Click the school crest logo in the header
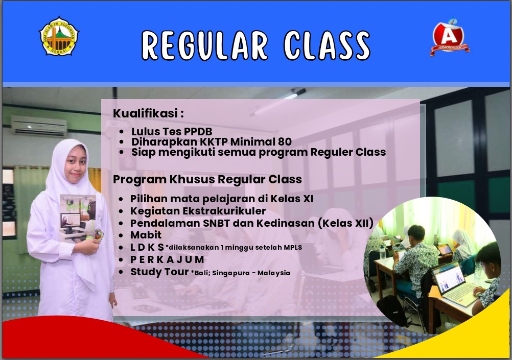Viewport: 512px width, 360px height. pos(59,36)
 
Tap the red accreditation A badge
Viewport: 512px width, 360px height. pos(450,37)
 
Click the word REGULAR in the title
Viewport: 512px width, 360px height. pos(205,45)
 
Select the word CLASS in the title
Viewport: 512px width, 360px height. pos(327,45)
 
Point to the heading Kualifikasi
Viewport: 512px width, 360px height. pos(148,113)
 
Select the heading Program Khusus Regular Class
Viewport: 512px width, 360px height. pos(207,179)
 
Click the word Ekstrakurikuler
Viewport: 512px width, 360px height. pos(224,211)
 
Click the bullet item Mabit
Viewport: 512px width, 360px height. pos(146,235)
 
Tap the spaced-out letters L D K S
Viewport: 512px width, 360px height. pos(147,247)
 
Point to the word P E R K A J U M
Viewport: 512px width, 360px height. pos(167,259)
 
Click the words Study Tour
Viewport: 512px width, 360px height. pos(159,272)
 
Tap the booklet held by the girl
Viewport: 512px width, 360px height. pos(78,219)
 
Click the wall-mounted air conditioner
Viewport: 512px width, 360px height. pos(39,126)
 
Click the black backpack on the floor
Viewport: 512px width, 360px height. pos(393,310)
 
